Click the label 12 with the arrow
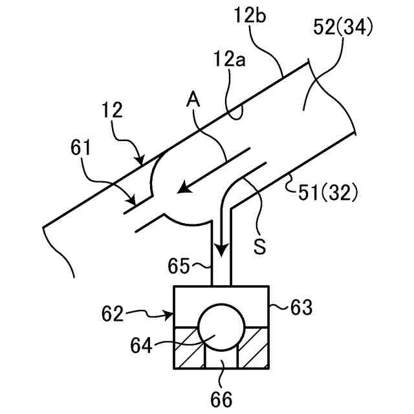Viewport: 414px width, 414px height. pos(112,111)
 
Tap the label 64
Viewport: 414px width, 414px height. pos(161,346)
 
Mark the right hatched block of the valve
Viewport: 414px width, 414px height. pos(253,348)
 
